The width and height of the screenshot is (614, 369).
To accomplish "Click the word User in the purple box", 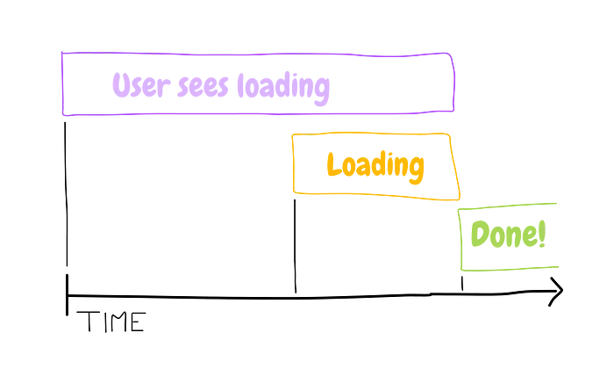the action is (x=141, y=84).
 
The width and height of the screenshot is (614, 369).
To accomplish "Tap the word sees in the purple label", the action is (x=203, y=86).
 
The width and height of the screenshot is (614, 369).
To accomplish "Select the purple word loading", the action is (x=283, y=88).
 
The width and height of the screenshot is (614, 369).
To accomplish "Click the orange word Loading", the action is (x=375, y=167).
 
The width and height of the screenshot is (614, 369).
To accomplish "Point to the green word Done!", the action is (x=508, y=234).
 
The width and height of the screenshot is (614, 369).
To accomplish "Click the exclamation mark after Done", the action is (x=542, y=234).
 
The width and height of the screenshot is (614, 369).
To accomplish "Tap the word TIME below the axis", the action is (x=111, y=322).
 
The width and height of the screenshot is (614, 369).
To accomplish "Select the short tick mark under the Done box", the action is (x=462, y=283).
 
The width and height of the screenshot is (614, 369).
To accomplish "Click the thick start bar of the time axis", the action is (x=67, y=294).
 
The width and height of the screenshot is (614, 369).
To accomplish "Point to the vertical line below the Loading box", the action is (x=295, y=246).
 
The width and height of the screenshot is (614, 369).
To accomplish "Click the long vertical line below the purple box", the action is (x=66, y=194).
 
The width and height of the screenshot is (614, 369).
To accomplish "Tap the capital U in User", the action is (x=121, y=84).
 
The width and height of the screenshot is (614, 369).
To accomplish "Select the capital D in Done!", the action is (x=480, y=234).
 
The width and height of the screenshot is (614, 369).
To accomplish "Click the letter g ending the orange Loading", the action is (x=416, y=170).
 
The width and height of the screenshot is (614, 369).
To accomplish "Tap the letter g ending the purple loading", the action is (x=322, y=91).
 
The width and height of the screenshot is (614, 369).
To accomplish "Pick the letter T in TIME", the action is (x=87, y=322).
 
